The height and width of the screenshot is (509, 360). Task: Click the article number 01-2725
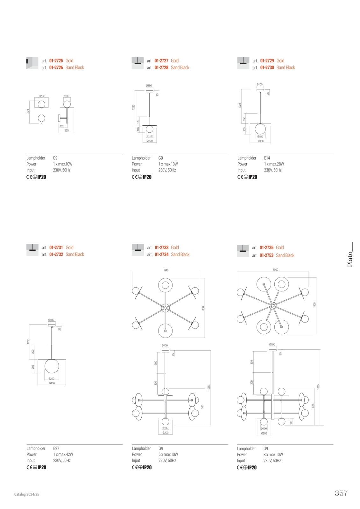click(x=56, y=61)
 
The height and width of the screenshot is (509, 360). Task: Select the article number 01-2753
click(x=266, y=255)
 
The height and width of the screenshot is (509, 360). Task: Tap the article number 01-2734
click(x=161, y=254)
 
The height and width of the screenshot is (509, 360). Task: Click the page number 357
click(x=341, y=493)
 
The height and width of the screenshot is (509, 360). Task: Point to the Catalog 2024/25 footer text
click(x=27, y=494)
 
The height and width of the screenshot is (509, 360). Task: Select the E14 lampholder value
click(x=267, y=158)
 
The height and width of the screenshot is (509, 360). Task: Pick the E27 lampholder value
click(x=56, y=448)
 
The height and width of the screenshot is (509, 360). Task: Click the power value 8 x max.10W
click(x=273, y=455)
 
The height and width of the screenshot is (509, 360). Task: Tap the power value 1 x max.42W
click(x=63, y=454)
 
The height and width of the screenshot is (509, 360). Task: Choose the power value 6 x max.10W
click(x=168, y=454)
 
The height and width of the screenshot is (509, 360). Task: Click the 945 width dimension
click(x=166, y=270)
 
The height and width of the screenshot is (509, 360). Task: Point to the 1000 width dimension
click(x=275, y=270)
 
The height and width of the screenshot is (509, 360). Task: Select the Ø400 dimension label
click(x=52, y=383)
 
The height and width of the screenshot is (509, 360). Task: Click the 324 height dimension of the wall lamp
click(x=28, y=111)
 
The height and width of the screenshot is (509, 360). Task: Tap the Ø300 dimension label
click(x=260, y=141)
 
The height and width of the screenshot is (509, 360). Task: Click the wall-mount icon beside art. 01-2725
click(x=32, y=63)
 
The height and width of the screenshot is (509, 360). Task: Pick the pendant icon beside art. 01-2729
click(x=243, y=63)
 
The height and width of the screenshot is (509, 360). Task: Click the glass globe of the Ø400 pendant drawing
click(x=52, y=366)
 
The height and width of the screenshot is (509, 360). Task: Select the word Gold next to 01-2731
click(x=70, y=248)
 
